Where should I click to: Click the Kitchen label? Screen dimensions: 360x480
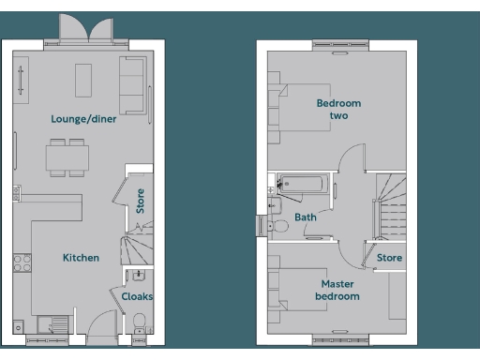81,257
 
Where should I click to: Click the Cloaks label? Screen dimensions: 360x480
137,296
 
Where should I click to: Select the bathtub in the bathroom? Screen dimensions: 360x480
302,184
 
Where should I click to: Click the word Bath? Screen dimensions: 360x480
306,217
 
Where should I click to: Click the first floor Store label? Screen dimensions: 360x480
389,258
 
